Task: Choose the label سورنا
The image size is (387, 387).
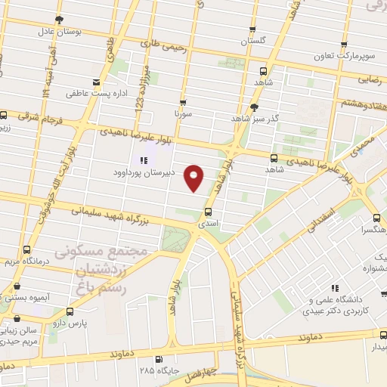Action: pyautogui.click(x=181, y=117)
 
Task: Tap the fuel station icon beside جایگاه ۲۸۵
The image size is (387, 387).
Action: pyautogui.click(x=158, y=359)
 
